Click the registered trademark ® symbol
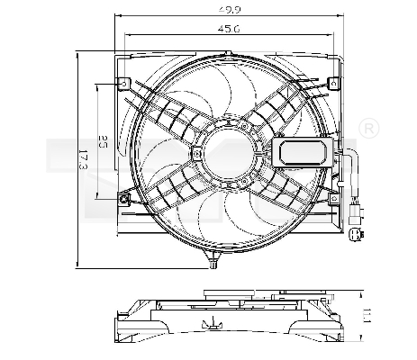point(367,131)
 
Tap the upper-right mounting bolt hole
point(335,84)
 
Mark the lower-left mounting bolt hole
point(125,197)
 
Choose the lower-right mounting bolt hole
point(335,197)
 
